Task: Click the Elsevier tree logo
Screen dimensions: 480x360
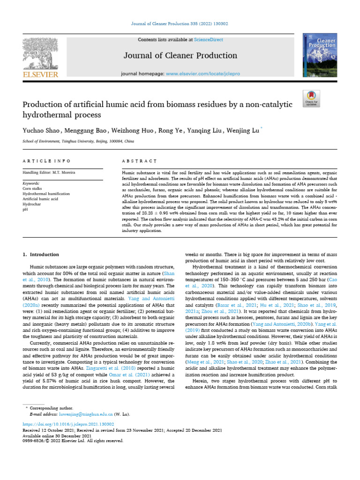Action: coord(40,53)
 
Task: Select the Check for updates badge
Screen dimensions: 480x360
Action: coord(311,97)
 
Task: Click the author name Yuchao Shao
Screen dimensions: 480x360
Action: coord(41,130)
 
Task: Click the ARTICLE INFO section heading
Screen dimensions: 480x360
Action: coord(47,160)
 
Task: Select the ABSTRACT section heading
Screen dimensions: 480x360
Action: coord(139,160)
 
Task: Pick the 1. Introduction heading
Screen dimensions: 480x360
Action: coord(41,255)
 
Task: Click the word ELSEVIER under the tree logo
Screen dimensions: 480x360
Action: coord(40,75)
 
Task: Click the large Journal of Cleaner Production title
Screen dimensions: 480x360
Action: coord(180,56)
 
